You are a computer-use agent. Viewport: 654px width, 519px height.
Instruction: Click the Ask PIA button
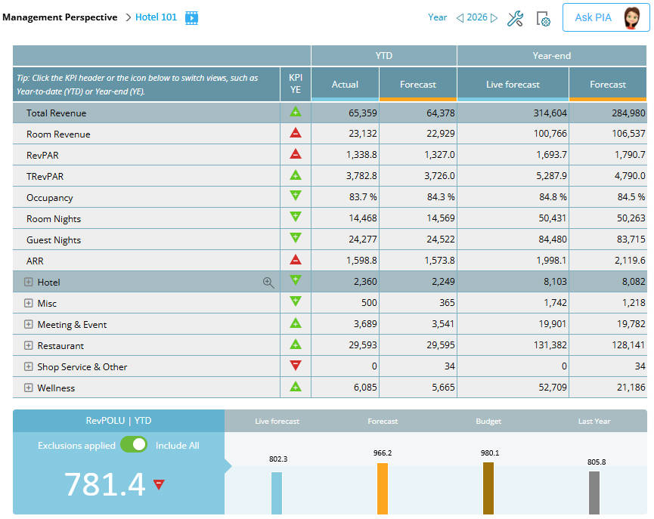click(606, 17)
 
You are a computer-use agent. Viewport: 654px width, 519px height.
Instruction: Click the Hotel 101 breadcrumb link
click(156, 17)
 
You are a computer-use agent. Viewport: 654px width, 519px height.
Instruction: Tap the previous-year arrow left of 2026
click(459, 17)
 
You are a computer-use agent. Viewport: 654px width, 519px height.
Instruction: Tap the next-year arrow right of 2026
click(494, 17)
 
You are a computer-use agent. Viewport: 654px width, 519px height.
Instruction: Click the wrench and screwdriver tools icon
click(515, 18)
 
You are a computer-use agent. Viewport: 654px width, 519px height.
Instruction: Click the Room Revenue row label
click(58, 134)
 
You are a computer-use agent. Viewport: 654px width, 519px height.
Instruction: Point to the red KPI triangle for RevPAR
click(296, 153)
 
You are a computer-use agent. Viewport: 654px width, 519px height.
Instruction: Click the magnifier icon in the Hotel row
click(268, 282)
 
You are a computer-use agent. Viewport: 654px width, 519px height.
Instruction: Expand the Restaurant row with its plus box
click(29, 345)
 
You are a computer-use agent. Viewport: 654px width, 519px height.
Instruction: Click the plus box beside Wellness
click(29, 388)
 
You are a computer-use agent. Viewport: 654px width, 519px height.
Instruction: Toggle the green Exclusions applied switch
click(134, 445)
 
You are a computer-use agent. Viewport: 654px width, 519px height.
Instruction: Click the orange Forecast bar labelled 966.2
click(383, 488)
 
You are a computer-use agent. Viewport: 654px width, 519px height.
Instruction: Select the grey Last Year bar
click(594, 493)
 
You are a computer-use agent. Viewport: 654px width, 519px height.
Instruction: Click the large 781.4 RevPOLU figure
click(104, 484)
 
